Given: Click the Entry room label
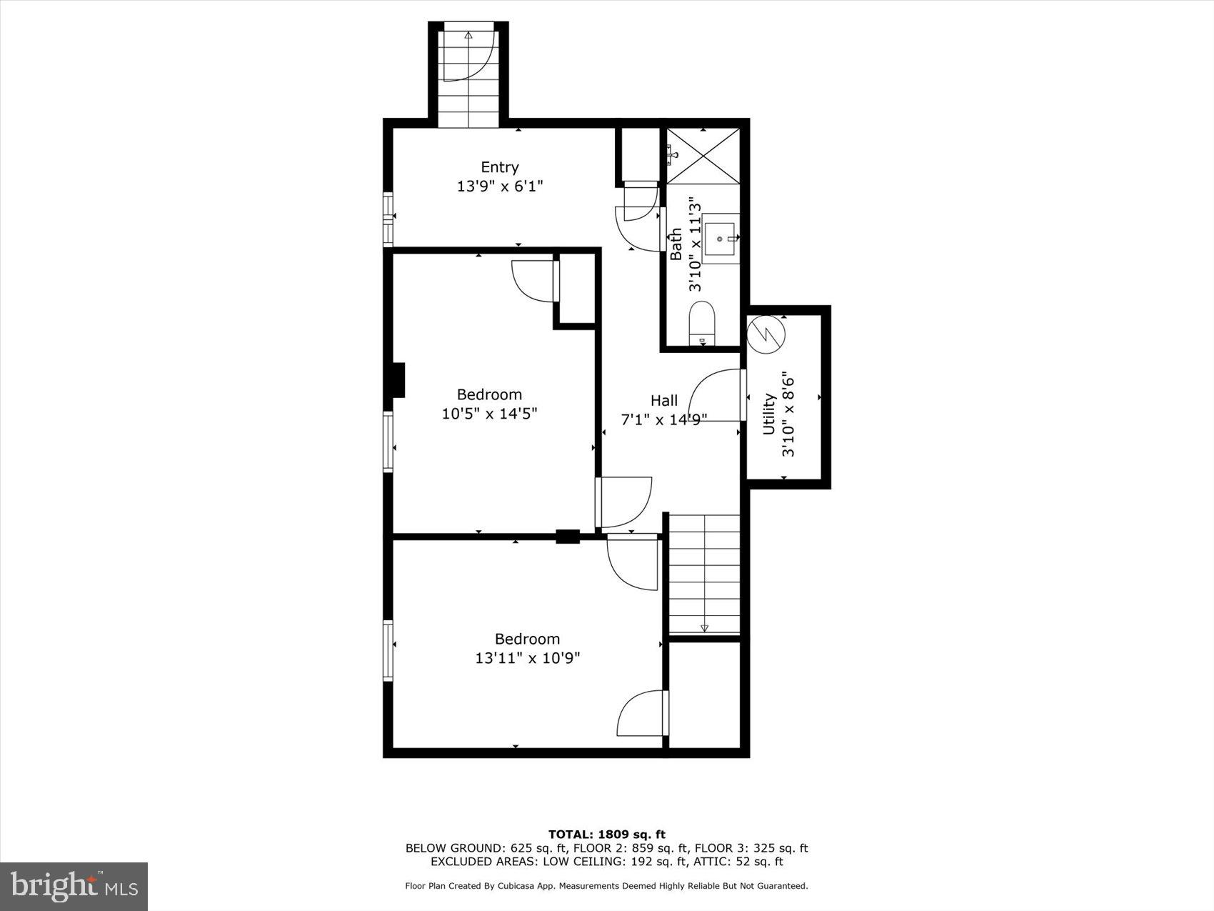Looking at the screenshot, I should pyautogui.click(x=499, y=167).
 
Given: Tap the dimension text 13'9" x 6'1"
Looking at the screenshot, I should pyautogui.click(x=500, y=186).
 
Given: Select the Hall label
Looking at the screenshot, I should pyautogui.click(x=663, y=401).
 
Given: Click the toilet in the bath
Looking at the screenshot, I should pyautogui.click(x=702, y=323).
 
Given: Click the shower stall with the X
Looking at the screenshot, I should pyautogui.click(x=703, y=156).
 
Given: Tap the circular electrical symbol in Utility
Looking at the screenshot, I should pyautogui.click(x=766, y=334).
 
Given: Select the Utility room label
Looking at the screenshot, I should pyautogui.click(x=769, y=414).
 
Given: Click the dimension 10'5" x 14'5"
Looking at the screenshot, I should pyautogui.click(x=489, y=414).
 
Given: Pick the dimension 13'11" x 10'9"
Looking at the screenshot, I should pyautogui.click(x=527, y=658).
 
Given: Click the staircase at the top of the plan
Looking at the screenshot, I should pyautogui.click(x=468, y=75).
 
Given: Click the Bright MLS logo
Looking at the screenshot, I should pyautogui.click(x=74, y=887).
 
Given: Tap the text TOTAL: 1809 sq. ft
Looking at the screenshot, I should pyautogui.click(x=606, y=834).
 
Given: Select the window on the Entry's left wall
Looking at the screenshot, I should pyautogui.click(x=388, y=219).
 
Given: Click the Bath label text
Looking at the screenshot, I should pyautogui.click(x=676, y=244).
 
